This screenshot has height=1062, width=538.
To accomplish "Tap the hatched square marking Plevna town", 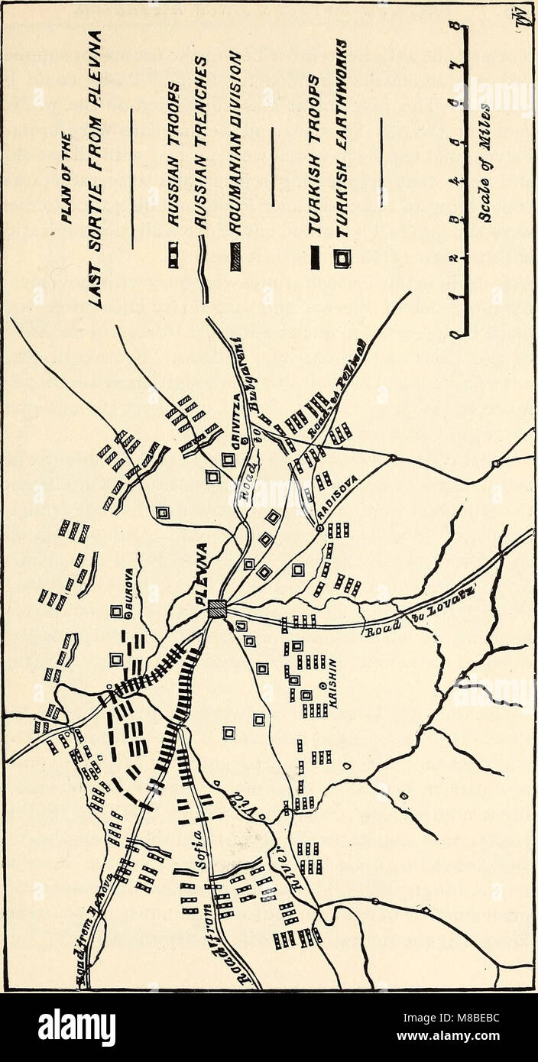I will (218, 610).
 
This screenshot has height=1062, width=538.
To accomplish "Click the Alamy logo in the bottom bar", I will (76, 1028).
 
